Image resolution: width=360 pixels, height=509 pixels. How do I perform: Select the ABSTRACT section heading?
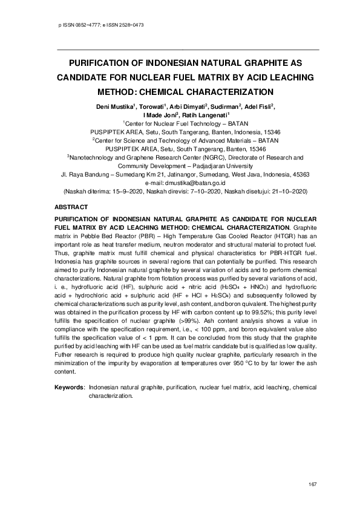pos(71,206)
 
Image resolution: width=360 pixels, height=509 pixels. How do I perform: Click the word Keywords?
pos(68,386)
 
